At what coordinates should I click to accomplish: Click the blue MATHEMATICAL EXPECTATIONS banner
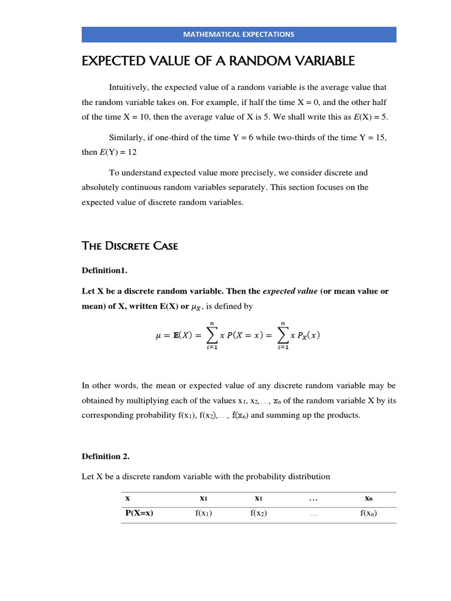(x=238, y=34)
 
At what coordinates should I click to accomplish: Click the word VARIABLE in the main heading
(x=315, y=60)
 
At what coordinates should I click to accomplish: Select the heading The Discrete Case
(x=129, y=246)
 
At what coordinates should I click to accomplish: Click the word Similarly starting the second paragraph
(x=127, y=137)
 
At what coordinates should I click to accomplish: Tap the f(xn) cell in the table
(x=368, y=513)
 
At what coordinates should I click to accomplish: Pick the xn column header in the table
(x=368, y=498)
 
